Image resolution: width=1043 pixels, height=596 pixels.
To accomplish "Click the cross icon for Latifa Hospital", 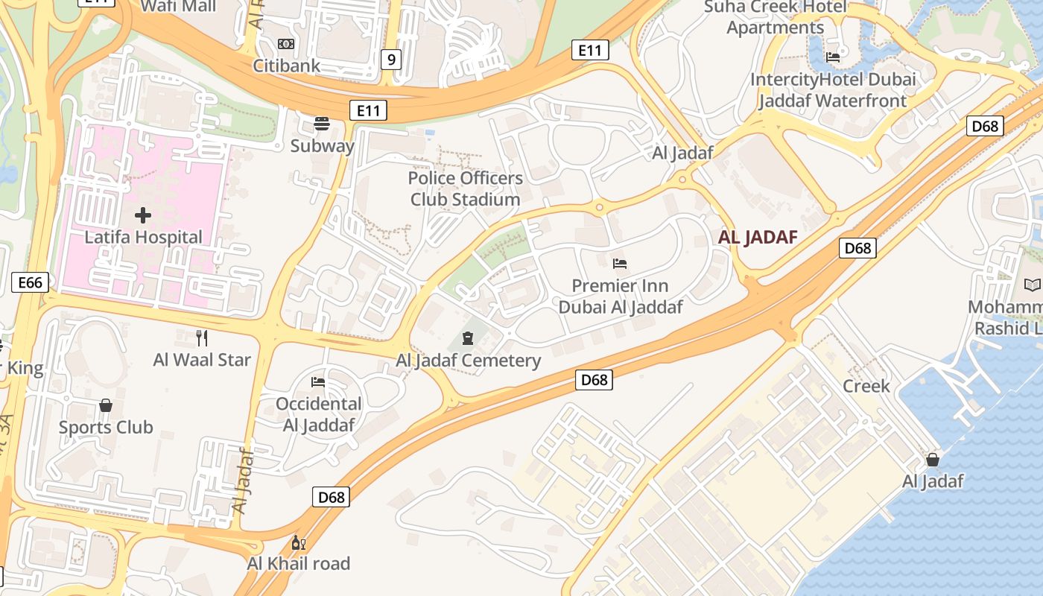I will (x=143, y=216).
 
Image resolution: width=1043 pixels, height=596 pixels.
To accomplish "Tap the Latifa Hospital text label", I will (x=143, y=237).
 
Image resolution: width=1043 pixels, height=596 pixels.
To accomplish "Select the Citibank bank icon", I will (x=286, y=44).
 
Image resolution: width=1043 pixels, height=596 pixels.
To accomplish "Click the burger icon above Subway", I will (x=322, y=124).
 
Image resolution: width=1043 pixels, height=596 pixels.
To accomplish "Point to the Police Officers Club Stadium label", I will (x=466, y=188).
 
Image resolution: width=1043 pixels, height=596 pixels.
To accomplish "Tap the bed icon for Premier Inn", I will (x=620, y=263).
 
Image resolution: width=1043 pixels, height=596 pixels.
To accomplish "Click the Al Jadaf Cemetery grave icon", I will (x=468, y=338).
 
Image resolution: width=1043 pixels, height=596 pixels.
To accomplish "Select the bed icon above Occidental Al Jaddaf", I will (x=318, y=382).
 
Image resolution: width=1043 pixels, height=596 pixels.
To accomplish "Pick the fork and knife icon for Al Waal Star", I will (x=202, y=337).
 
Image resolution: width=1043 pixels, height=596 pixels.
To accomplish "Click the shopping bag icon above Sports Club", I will (x=106, y=405).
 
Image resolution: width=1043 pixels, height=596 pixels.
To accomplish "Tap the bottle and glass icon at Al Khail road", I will (x=298, y=542).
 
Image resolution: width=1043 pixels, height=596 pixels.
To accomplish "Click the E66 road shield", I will (x=31, y=282).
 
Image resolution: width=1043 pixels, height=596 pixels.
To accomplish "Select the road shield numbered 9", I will (x=391, y=60).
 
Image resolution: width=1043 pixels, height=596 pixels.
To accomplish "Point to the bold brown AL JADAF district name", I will (x=758, y=238).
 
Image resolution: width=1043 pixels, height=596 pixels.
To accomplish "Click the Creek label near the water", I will (x=866, y=386).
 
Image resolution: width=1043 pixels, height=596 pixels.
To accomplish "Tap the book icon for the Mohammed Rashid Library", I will (x=1032, y=285).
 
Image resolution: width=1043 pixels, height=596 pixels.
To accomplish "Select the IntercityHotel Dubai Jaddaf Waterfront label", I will (x=833, y=90).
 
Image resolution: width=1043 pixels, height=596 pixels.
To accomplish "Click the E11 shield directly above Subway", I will (x=368, y=111).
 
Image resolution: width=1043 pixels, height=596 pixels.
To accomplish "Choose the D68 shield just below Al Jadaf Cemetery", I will (x=594, y=380).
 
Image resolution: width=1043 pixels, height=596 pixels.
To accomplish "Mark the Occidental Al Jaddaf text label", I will (x=318, y=414).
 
